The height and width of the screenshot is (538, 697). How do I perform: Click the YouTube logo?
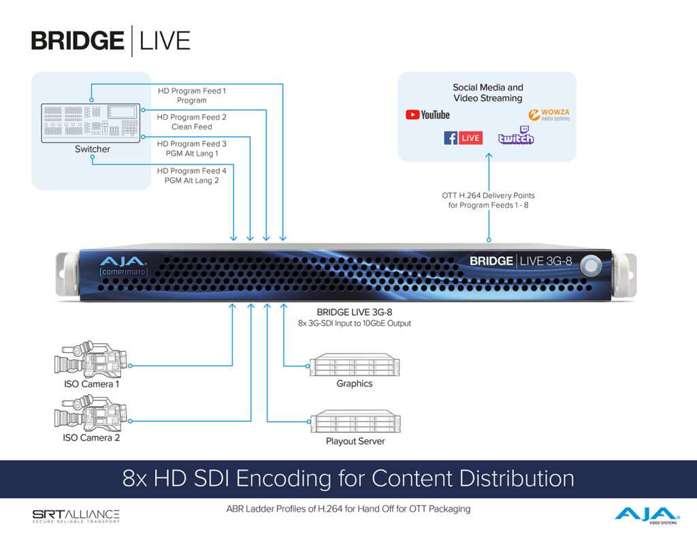pos(427,115)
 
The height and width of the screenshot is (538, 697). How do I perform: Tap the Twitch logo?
pos(516,135)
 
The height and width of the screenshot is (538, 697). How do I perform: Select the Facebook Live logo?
pos(463,137)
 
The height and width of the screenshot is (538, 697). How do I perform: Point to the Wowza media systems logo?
pos(549,115)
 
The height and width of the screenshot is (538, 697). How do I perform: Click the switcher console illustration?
pos(91,123)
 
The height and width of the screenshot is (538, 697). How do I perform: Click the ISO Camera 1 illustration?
pos(91,359)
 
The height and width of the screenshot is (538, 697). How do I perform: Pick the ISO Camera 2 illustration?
pos(91,414)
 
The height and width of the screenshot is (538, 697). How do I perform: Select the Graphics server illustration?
pos(355,365)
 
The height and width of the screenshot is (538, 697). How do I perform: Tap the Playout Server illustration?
pos(355,421)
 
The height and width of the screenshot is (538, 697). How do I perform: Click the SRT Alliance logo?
pos(76,516)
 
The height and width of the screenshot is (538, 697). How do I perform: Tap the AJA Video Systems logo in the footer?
pos(647,516)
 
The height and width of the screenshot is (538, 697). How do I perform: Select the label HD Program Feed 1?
pos(191,90)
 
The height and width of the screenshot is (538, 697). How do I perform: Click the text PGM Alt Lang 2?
pos(191,180)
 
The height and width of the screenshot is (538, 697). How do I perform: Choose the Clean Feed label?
pos(191,127)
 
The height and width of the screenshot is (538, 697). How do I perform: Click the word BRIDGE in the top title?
pos(78,41)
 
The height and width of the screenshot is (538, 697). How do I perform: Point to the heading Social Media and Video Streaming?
pos(487,93)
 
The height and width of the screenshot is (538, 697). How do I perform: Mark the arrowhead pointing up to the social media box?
pos(489,156)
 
